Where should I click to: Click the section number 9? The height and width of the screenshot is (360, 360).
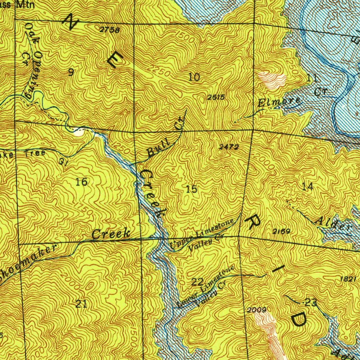pos(71,72)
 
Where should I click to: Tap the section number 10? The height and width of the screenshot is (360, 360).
pos(194,77)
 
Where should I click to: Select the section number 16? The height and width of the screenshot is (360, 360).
pos(82,182)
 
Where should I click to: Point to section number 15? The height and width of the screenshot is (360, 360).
pos(192,189)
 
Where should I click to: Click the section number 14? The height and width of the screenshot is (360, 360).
pos(308,187)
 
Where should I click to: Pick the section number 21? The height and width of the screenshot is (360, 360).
pos(81,304)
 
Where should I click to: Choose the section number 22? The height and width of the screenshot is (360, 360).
pos(198,281)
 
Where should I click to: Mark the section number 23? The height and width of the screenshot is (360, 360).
pos(311,302)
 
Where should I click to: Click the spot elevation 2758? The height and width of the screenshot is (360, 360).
pos(109,30)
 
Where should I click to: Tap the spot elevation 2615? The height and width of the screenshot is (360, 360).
pos(216,97)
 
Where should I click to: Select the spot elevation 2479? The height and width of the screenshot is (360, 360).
pos(229,147)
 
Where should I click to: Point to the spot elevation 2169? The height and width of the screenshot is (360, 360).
pos(281,231)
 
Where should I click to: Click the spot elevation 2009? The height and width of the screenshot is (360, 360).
pos(257,310)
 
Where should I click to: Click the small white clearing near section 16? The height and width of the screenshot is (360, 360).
pos(79,133)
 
